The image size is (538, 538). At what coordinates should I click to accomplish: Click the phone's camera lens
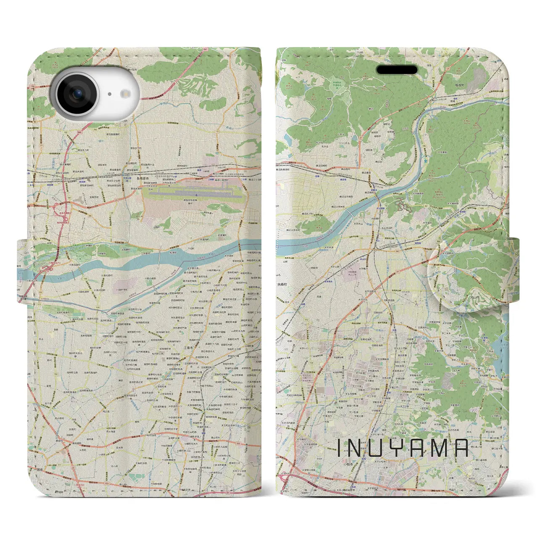(77, 94)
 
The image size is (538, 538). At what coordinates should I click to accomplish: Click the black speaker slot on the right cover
(397, 70)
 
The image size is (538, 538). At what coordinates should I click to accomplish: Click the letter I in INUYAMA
(340, 448)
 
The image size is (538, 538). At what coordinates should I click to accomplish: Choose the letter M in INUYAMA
(439, 448)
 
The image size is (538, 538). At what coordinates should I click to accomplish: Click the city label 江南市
(187, 348)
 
